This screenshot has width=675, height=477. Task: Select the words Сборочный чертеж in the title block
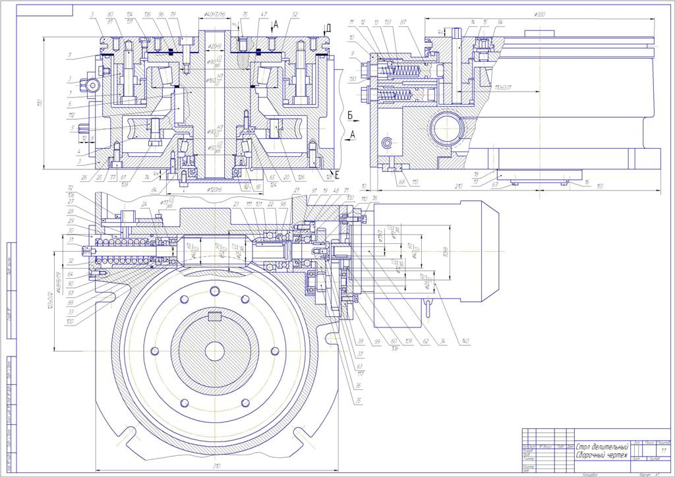[599, 456]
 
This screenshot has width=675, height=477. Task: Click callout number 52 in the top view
[294, 14]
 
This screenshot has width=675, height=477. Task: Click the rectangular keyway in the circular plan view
[214, 316]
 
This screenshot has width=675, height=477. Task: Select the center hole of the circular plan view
[214, 350]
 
